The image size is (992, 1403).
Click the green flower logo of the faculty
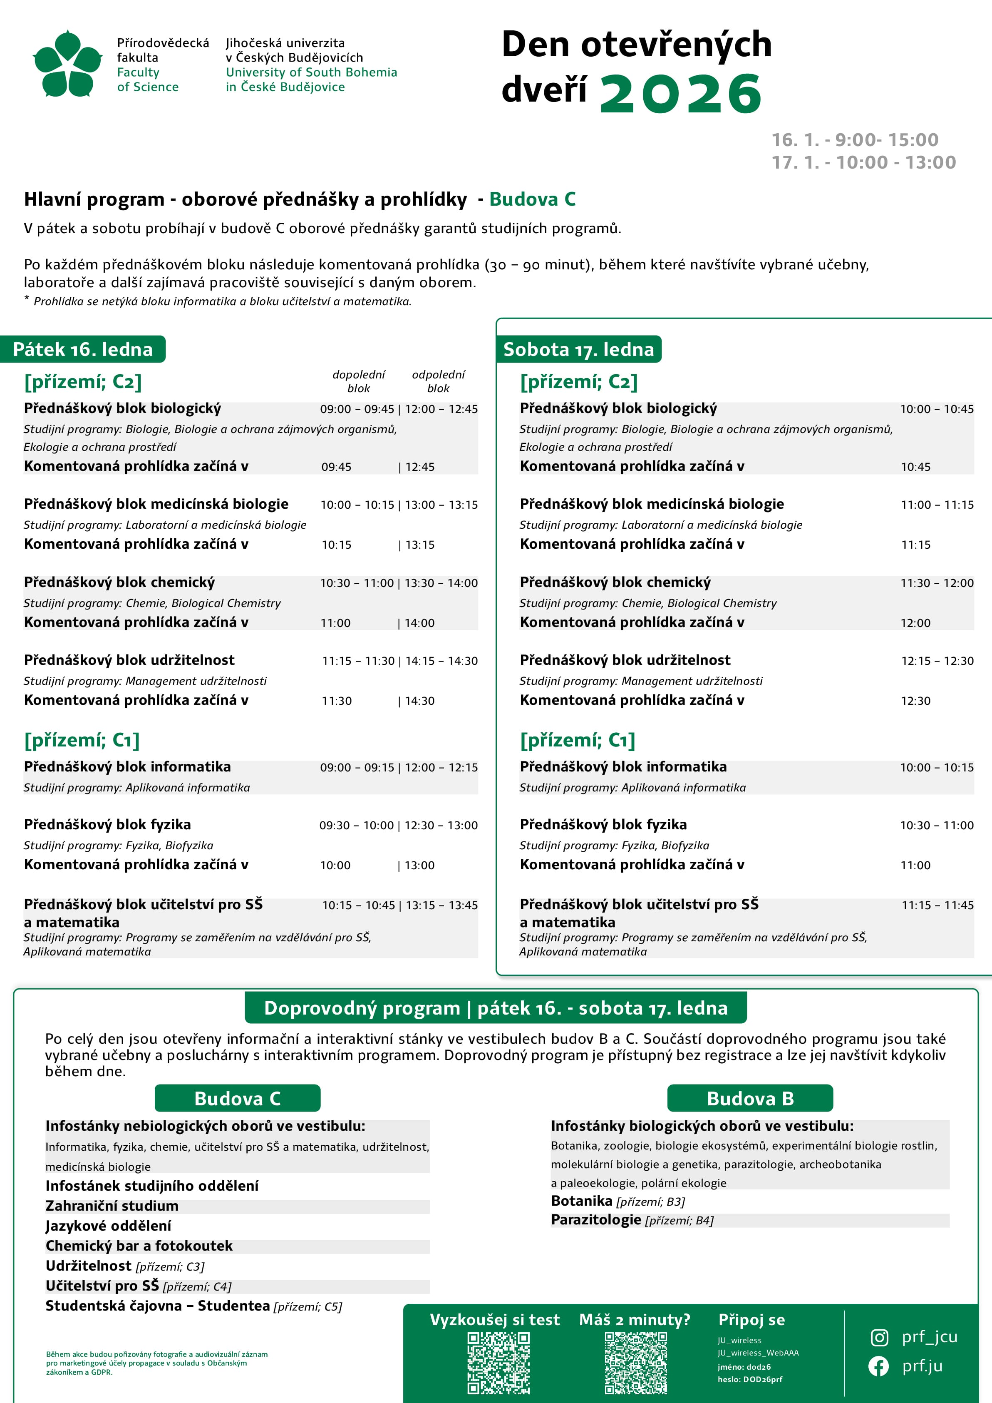[x=67, y=64]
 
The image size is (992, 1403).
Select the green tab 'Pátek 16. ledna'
[x=83, y=350]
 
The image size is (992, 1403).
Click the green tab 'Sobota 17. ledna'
[x=578, y=350]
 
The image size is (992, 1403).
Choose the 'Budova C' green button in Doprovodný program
[x=237, y=1098]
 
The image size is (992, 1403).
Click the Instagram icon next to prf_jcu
[x=878, y=1338]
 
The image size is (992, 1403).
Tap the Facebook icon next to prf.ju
[x=878, y=1366]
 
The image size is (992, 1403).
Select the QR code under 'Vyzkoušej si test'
[x=498, y=1362]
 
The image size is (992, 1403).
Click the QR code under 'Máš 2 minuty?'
[x=635, y=1362]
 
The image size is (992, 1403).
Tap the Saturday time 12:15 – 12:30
[x=937, y=661]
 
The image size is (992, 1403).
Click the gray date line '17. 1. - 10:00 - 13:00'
[x=863, y=162]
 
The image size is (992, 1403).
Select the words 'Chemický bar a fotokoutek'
[x=139, y=1246]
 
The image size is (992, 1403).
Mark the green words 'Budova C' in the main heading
[x=532, y=199]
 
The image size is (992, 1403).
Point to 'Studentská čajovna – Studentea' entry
[x=158, y=1306]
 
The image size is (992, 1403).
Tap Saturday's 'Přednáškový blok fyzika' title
[x=603, y=825]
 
